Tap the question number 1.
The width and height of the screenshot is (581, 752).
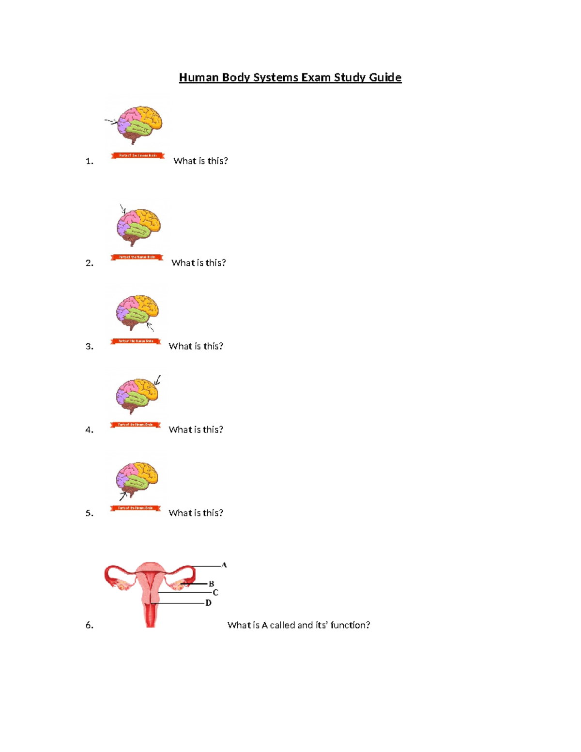coord(89,161)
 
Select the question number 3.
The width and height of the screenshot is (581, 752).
coord(89,347)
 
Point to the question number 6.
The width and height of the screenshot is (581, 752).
coord(89,626)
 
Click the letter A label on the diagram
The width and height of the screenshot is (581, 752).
coord(224,565)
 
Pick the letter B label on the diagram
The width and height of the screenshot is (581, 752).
coord(211,584)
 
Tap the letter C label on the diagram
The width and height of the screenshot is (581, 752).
coord(215,593)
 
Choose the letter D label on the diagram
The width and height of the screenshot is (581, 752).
coord(208,603)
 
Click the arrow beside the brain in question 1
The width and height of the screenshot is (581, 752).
coord(111,122)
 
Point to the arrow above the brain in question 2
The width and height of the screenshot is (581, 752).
coord(122,209)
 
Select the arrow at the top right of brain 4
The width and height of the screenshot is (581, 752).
coord(157,381)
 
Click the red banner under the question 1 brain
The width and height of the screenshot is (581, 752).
coord(138,155)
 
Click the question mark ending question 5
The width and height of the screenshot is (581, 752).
coord(221,513)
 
